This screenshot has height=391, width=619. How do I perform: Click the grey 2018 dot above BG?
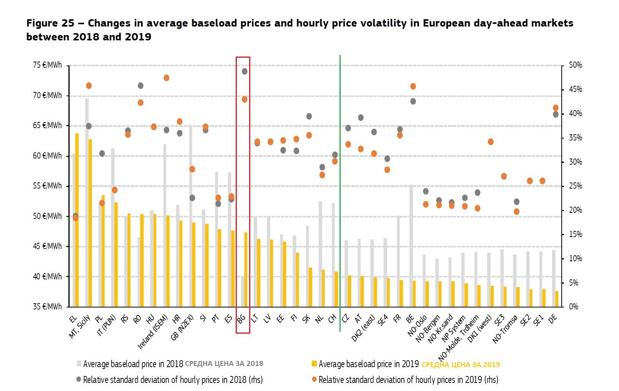(245, 71)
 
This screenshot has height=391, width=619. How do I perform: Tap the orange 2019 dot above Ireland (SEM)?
(166, 78)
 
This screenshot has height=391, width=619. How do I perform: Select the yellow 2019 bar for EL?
(77, 219)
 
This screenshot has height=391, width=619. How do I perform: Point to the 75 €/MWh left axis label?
(47, 65)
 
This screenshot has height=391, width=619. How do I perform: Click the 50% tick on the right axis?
(576, 65)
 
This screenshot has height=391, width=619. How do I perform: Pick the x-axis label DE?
(552, 319)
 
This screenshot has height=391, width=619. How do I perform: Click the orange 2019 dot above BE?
(413, 86)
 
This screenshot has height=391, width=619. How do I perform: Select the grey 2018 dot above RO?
(140, 85)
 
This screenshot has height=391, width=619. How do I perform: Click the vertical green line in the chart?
(340, 192)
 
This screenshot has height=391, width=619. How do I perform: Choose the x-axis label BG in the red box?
(241, 319)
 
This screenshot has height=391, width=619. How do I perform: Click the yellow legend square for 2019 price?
(314, 364)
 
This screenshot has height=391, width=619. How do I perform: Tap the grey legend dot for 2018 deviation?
(79, 379)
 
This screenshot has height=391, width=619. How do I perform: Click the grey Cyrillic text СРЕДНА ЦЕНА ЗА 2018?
(224, 364)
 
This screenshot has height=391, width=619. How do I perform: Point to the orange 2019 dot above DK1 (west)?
(491, 142)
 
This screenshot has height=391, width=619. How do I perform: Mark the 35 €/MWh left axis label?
(47, 307)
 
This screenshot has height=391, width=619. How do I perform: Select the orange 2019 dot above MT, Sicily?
(89, 85)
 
